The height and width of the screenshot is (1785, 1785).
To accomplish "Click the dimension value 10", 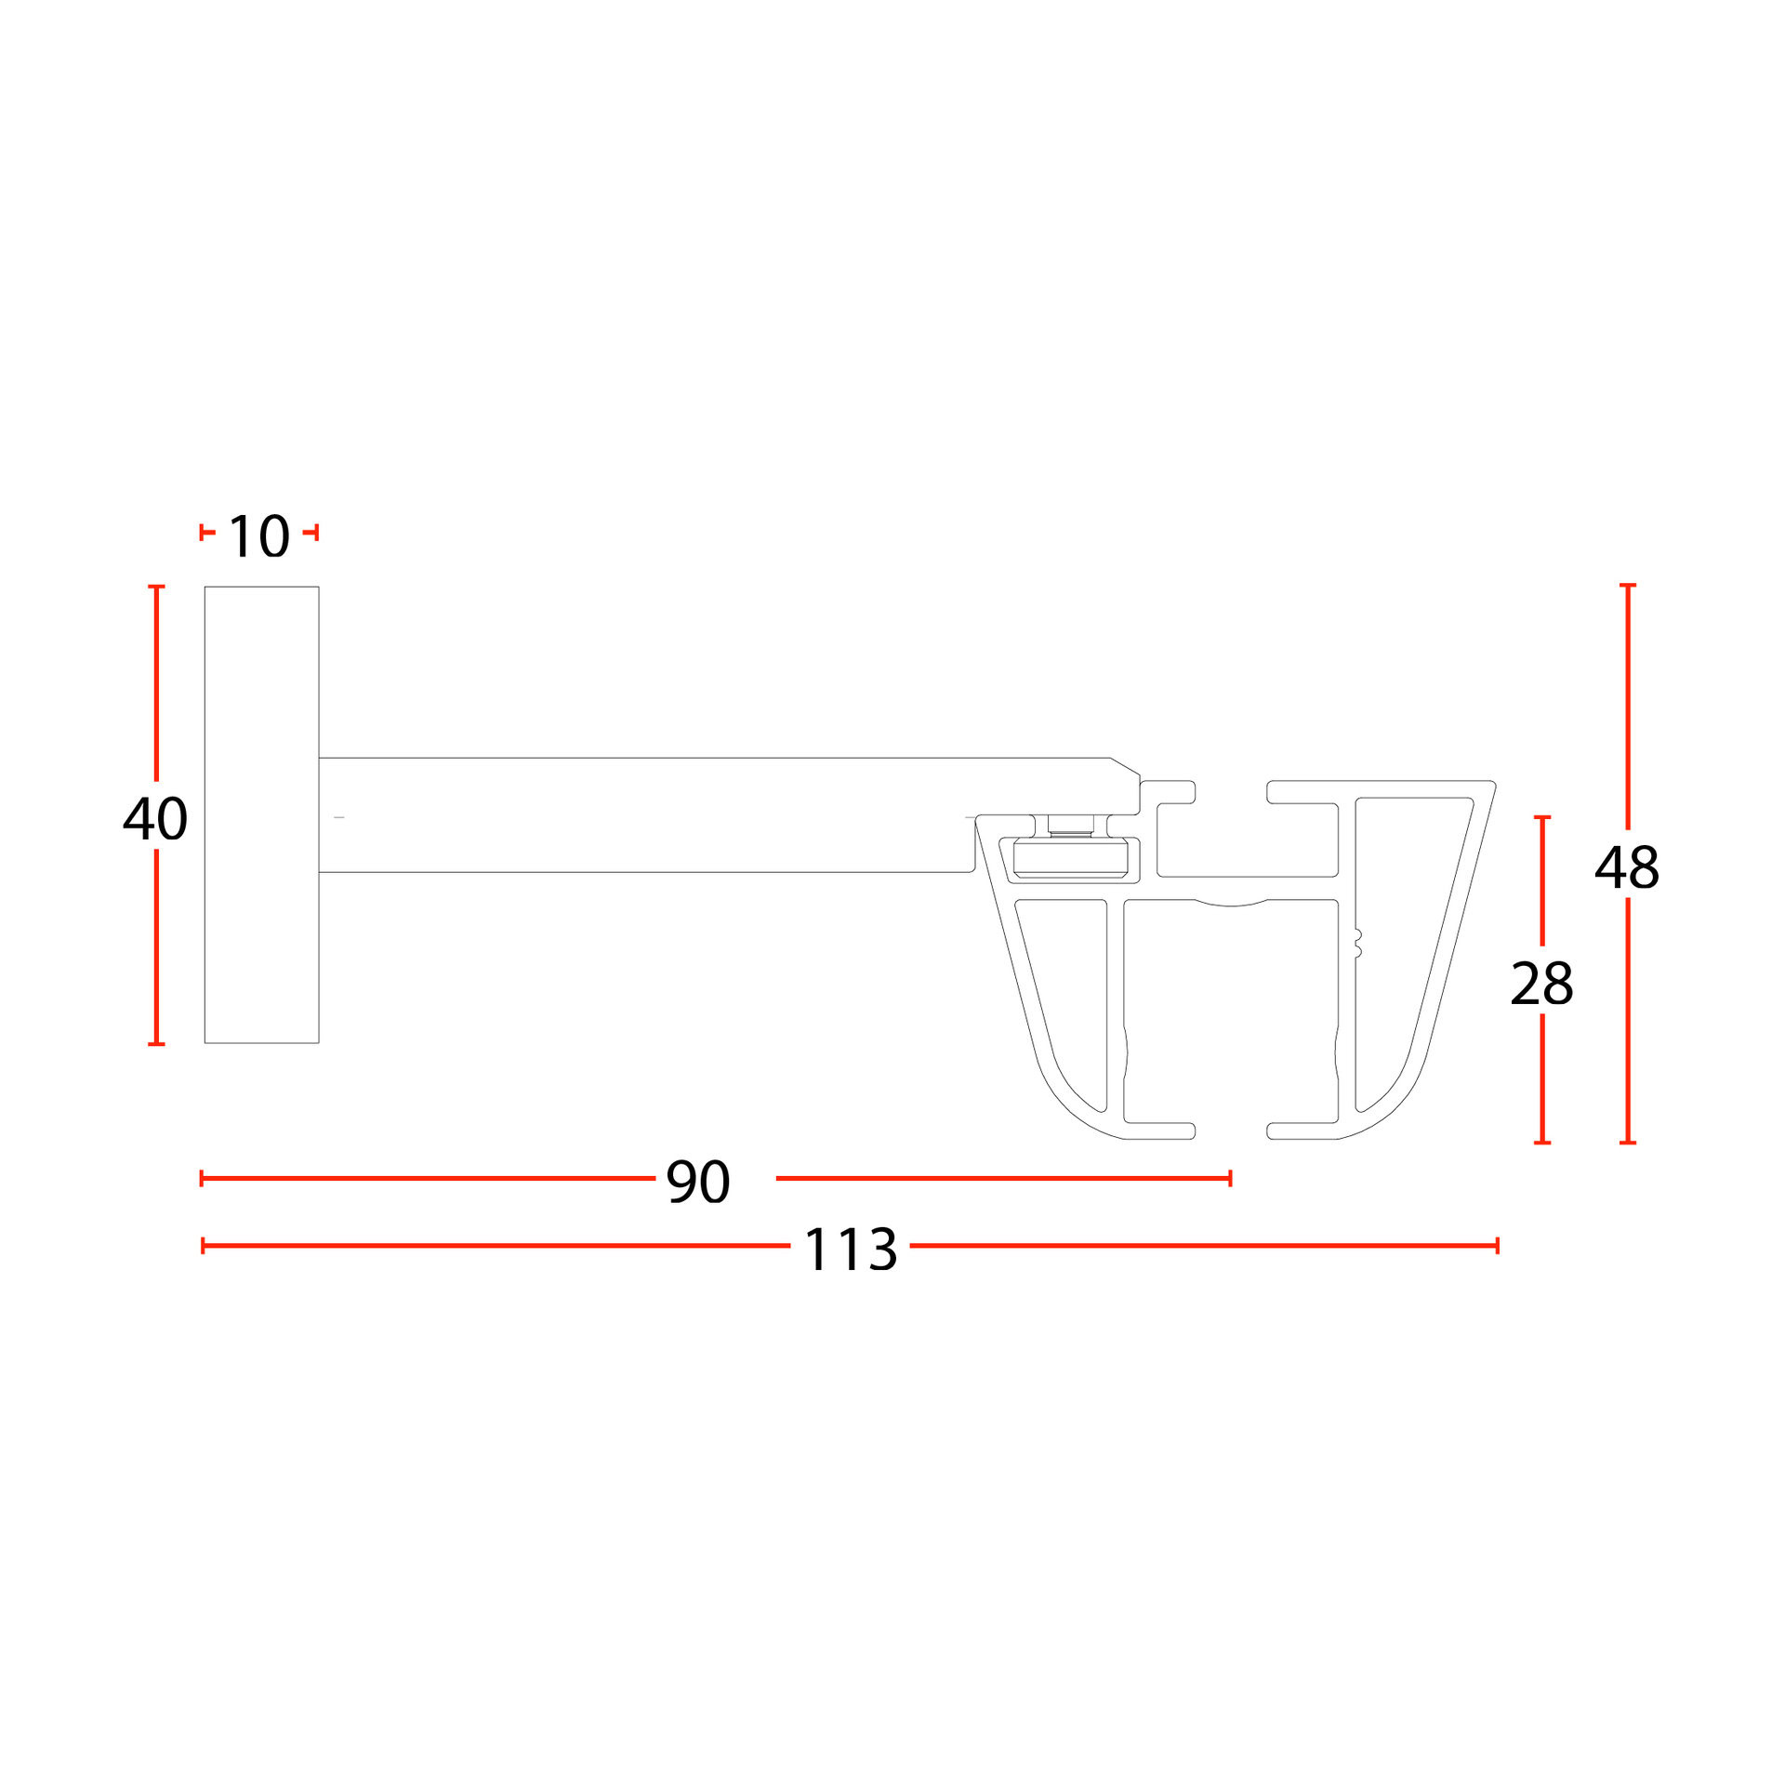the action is (x=258, y=536).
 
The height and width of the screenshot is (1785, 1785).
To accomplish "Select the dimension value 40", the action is (x=155, y=819).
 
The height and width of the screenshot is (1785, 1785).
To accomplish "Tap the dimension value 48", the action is (x=1627, y=867).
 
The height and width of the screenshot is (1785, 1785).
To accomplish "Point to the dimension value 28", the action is (x=1541, y=984).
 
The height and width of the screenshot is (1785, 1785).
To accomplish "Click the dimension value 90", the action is (x=698, y=1182).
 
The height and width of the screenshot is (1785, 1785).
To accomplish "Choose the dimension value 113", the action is (x=851, y=1249).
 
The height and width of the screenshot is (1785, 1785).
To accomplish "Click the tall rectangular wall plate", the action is (x=261, y=814).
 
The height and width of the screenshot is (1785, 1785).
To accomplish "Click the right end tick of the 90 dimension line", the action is (x=1230, y=1179).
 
